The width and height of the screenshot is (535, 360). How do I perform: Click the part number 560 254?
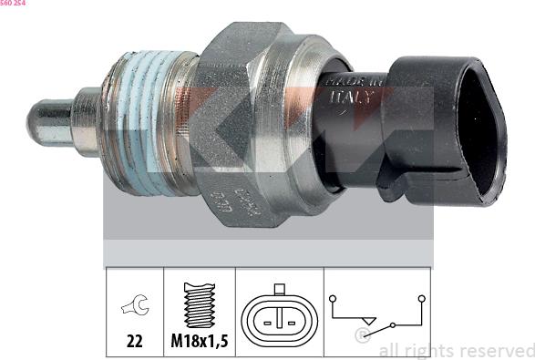[x=13, y=4]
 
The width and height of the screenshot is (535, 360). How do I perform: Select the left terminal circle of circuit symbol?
[x=335, y=297]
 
